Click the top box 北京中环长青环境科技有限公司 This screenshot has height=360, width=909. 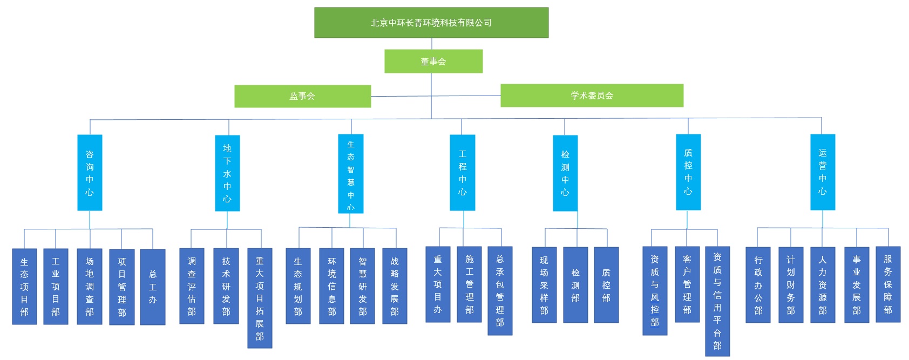coord(431,23)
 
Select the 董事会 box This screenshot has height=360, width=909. coord(433,62)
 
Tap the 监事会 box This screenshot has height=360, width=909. coord(302,96)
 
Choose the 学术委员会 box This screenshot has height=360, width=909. coord(592,96)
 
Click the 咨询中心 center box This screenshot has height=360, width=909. coord(90,173)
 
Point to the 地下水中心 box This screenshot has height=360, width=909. coord(227,173)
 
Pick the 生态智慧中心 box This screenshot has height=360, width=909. coord(351,174)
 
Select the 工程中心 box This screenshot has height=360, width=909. coord(463,173)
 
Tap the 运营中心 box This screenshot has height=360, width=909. coord(823,172)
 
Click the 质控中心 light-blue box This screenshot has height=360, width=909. coord(688,172)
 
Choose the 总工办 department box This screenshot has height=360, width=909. coord(153,287)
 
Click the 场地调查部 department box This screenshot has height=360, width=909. coord(90,287)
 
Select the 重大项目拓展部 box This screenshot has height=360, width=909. coord(260,298)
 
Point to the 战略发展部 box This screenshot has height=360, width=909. coord(395,286)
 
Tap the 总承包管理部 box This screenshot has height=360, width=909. coord(500,291)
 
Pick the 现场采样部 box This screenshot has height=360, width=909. coord(544,285)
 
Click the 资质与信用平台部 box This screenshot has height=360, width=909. coord(717,301)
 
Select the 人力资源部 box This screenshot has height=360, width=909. coord(823,285)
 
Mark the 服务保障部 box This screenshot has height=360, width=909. coord(888,284)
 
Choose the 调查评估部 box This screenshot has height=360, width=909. coord(192,286)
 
